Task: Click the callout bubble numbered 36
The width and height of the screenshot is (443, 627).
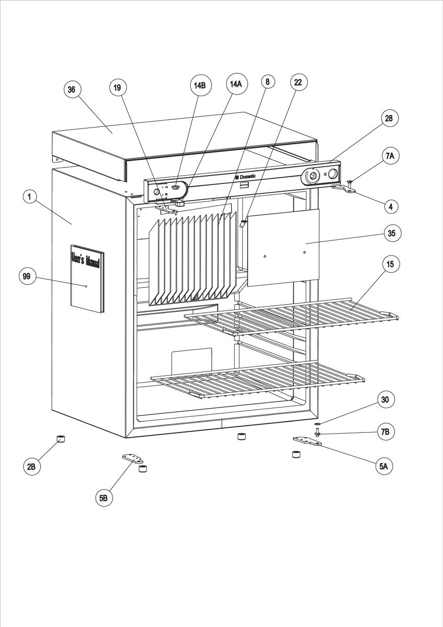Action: pos(72,89)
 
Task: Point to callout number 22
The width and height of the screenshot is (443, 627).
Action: pos(298,82)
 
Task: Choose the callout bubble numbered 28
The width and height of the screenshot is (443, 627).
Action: pos(388,119)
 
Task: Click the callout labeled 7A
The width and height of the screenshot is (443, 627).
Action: pos(390,156)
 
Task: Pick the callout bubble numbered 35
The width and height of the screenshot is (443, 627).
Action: pos(391,233)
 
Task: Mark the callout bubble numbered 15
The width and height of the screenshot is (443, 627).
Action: pos(390,264)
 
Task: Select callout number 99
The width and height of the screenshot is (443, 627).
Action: pos(26,276)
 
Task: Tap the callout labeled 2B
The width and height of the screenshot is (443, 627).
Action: pos(31,467)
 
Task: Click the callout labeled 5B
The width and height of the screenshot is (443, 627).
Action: pos(103,498)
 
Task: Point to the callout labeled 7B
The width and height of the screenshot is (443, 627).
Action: pos(385,433)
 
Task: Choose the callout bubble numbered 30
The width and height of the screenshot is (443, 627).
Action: pos(385,400)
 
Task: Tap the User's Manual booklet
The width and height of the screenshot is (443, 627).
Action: pos(87,281)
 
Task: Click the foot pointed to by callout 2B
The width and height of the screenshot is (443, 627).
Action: pos(61,438)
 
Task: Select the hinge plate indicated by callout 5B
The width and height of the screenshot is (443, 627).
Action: pos(133,458)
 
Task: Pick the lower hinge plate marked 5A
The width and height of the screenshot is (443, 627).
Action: pos(307,442)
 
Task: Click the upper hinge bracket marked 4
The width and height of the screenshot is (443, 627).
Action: pos(344,188)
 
